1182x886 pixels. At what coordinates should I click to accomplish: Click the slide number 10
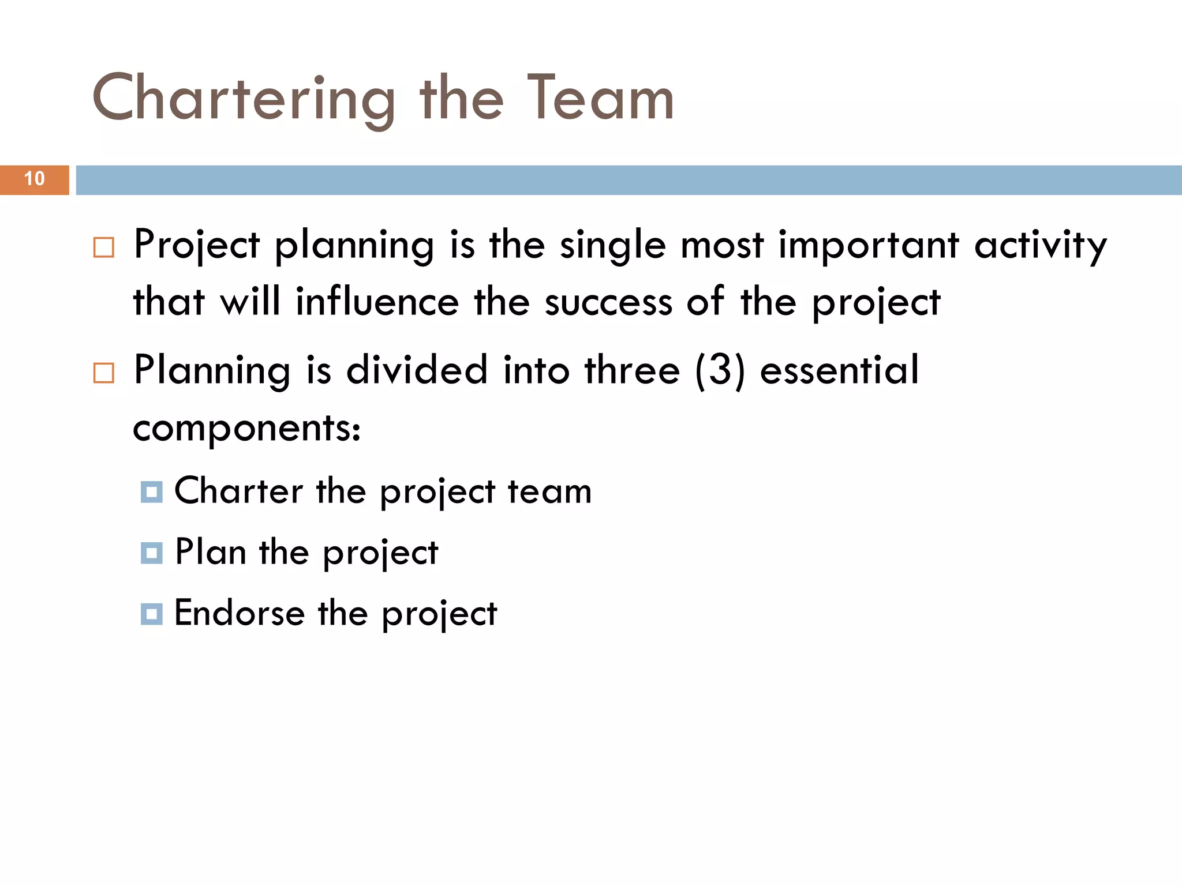(x=35, y=179)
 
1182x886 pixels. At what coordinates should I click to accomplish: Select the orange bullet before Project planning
(x=104, y=247)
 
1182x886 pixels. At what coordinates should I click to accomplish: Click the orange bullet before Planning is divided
(x=104, y=373)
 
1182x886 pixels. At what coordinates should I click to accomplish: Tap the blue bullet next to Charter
(x=152, y=492)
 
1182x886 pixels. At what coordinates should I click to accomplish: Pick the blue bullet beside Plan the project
(x=152, y=553)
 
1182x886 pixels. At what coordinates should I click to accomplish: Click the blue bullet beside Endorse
(x=152, y=614)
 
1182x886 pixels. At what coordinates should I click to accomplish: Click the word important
(x=869, y=246)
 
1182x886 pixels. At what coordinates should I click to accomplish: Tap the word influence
(x=377, y=302)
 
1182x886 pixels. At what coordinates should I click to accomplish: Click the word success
(x=609, y=302)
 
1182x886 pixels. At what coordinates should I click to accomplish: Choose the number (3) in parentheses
(x=720, y=371)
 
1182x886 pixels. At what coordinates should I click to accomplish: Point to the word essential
(x=839, y=371)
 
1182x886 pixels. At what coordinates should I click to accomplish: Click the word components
(x=246, y=429)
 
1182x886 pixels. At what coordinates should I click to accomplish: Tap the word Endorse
(x=240, y=613)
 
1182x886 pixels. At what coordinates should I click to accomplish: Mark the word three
(x=633, y=371)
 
